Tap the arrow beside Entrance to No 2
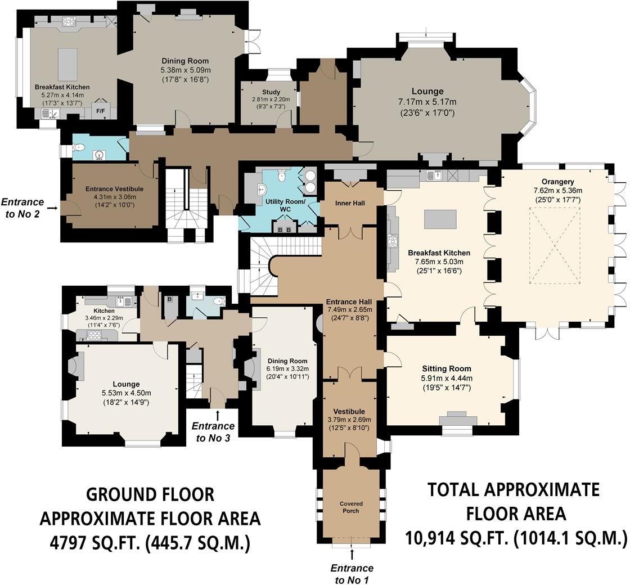coord(52,208)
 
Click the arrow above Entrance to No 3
coord(217,415)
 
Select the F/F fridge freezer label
coord(101,111)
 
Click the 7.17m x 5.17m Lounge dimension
coord(427,102)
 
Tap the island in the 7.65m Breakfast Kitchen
coord(440,219)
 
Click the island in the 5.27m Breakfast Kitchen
coord(67,65)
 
